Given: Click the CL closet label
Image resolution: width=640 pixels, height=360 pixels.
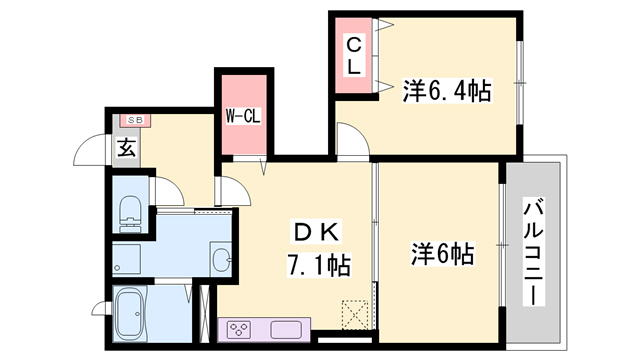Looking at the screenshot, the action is click(354, 56).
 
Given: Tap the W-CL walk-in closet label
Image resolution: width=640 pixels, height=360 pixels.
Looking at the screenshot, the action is click(243, 117).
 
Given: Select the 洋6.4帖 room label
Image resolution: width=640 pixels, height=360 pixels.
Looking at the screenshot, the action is click(447, 90).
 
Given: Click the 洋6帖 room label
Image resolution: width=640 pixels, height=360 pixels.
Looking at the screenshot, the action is click(442, 253).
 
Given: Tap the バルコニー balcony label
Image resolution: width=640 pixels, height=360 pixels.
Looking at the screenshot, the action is click(534, 252).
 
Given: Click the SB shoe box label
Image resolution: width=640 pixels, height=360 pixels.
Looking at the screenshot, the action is click(135, 120).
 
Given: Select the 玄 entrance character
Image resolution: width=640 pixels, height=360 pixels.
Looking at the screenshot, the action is click(127, 148).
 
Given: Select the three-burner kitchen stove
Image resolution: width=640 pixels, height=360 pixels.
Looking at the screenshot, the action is click(239, 329).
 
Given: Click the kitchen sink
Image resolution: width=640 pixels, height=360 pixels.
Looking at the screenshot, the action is click(286, 330).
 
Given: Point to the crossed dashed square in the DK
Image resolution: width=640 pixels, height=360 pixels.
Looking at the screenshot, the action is click(355, 315).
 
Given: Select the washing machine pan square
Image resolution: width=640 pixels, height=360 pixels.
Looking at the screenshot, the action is click(127, 259).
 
